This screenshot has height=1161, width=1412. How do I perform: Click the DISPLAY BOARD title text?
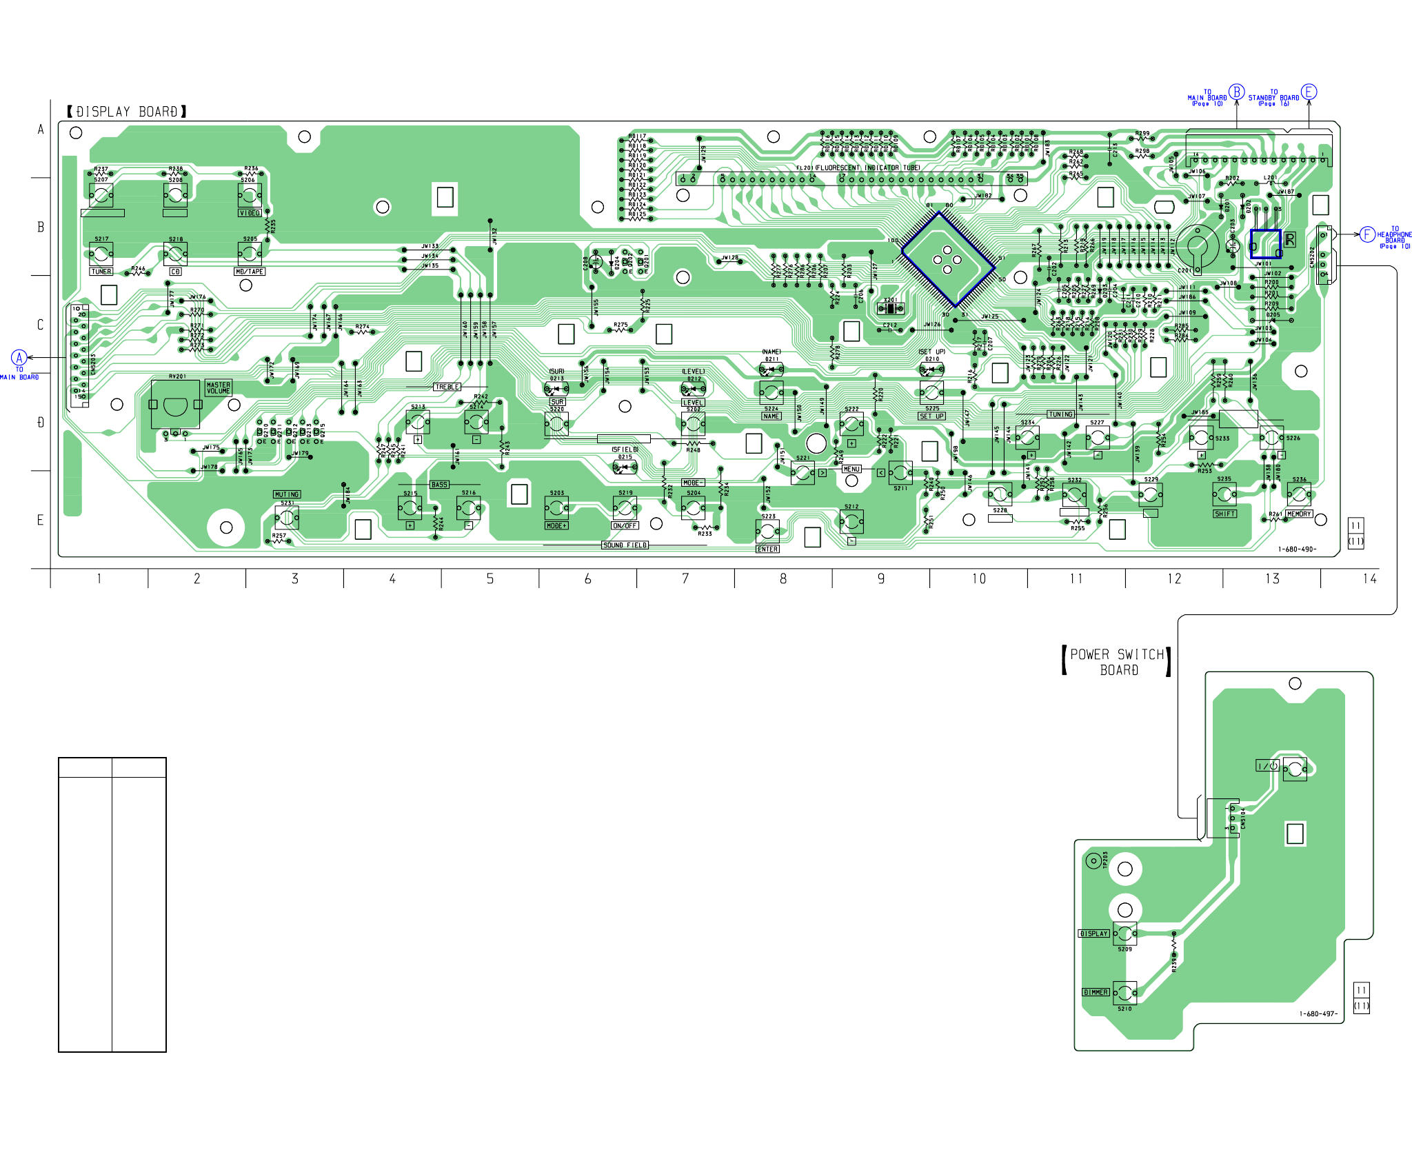click(x=127, y=112)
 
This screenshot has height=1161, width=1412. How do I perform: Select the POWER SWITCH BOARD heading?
click(x=1117, y=662)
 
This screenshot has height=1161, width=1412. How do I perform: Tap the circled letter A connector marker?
click(x=19, y=357)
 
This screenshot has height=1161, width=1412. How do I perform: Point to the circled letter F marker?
click(x=1367, y=234)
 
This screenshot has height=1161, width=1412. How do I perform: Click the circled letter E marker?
click(x=1309, y=92)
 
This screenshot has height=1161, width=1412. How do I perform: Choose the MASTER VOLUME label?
click(x=219, y=388)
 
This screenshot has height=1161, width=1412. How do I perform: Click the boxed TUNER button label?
click(x=101, y=272)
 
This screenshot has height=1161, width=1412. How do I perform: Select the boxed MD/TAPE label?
click(x=250, y=272)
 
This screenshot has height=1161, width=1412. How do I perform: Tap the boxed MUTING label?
click(x=287, y=494)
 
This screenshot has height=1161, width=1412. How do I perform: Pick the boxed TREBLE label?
click(x=447, y=387)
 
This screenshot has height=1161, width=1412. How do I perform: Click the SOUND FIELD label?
click(x=625, y=545)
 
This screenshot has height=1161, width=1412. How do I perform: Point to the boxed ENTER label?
click(x=767, y=549)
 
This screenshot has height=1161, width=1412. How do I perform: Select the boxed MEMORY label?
click(x=1299, y=514)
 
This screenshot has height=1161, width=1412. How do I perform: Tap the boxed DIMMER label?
click(x=1096, y=992)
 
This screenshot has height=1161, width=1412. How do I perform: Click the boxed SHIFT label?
click(x=1224, y=514)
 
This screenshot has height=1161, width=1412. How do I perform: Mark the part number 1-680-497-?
click(x=1318, y=1014)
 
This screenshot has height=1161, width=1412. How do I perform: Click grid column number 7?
click(x=685, y=578)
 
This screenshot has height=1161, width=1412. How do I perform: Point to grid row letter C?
click(x=41, y=325)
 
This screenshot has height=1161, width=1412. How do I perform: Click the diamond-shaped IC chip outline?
click(x=948, y=259)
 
